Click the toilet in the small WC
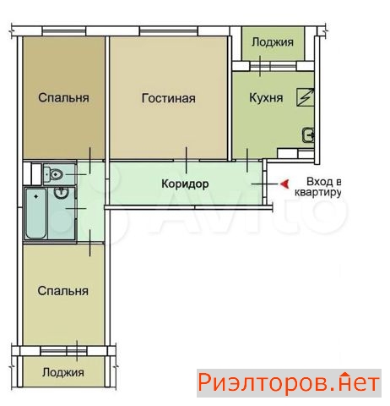[53, 174]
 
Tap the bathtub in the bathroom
[35, 213]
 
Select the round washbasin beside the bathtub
[62, 193]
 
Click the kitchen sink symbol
[308, 135]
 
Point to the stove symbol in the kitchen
[306, 97]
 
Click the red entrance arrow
[284, 184]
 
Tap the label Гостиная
[168, 98]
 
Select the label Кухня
[266, 98]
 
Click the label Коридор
[185, 184]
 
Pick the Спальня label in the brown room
[63, 98]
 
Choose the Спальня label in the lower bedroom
[62, 291]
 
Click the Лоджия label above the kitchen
[273, 42]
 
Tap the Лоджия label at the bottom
[62, 372]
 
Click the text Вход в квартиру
[318, 187]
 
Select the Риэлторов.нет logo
[289, 383]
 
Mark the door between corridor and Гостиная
[186, 160]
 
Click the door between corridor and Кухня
[247, 160]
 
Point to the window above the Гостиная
[169, 30]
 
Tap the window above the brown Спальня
[64, 30]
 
